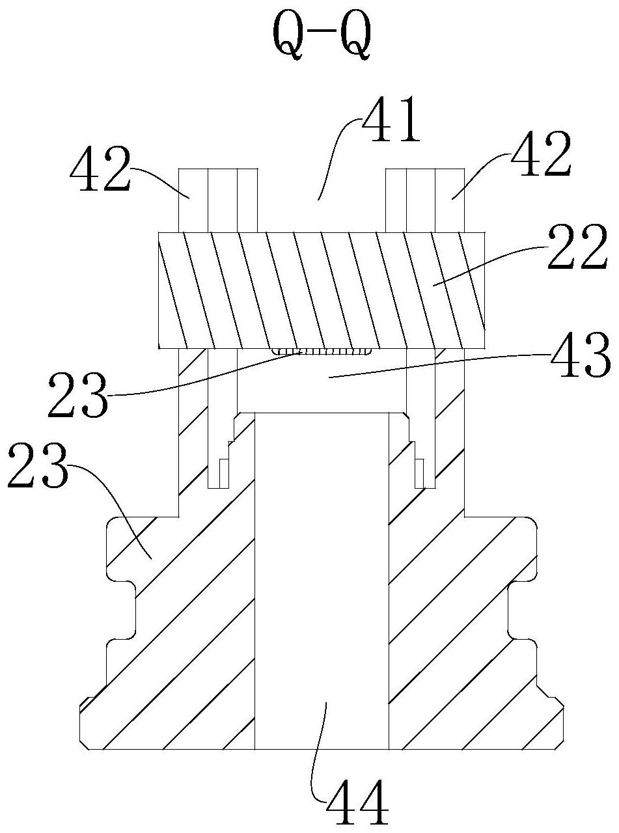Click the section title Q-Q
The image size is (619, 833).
(322, 36)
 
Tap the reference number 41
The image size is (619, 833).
(390, 119)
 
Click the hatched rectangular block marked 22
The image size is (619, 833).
(322, 290)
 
